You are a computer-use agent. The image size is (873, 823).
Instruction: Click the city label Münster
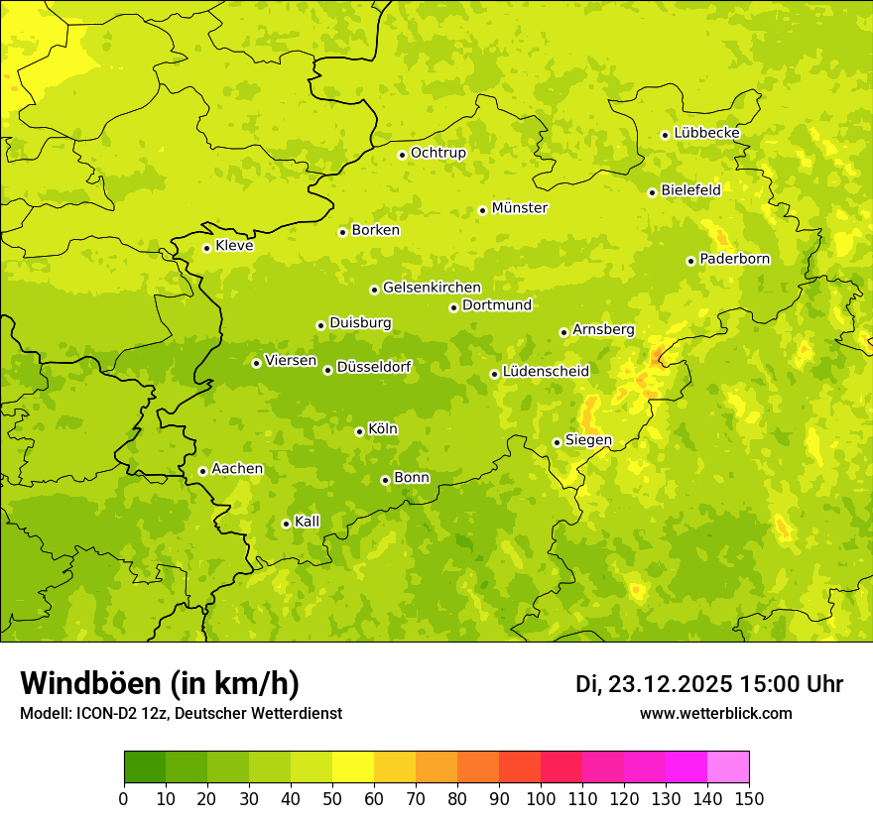tap(520, 208)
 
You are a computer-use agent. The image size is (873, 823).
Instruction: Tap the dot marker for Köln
tap(359, 431)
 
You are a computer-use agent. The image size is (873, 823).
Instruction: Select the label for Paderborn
tap(735, 259)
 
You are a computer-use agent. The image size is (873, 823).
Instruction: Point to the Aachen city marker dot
tap(202, 471)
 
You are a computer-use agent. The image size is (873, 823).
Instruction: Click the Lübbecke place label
tap(707, 133)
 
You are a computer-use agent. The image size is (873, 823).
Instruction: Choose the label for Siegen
tap(588, 440)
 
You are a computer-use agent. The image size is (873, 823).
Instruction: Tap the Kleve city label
tap(234, 246)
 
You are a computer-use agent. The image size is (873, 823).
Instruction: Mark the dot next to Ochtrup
tap(402, 154)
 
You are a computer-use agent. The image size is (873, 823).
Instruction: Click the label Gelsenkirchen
tap(432, 288)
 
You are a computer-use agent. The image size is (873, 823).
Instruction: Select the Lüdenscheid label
tap(546, 372)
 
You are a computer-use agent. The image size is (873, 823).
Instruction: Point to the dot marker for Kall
tap(286, 524)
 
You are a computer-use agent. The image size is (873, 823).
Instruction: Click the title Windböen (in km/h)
tap(160, 683)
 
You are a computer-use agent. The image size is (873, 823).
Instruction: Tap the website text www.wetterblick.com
tap(716, 713)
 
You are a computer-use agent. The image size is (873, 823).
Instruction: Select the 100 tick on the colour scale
tap(541, 798)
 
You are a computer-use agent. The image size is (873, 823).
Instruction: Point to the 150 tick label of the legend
tap(749, 798)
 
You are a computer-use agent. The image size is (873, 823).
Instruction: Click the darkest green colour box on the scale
tap(145, 767)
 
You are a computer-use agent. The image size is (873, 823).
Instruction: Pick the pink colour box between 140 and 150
tap(728, 767)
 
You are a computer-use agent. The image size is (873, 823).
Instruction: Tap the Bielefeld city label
tap(690, 189)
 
